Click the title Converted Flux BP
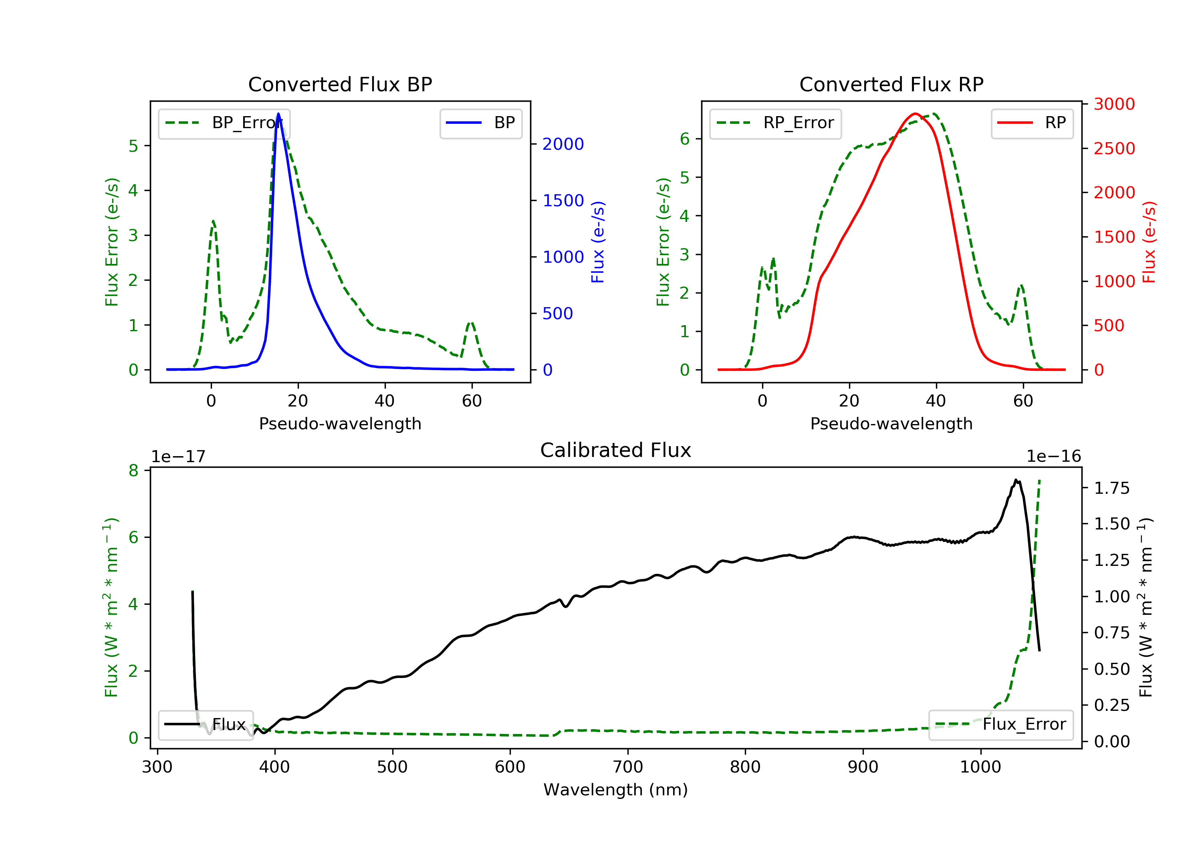340,84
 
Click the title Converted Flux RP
891,84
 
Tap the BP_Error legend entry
224,123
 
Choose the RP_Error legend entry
775,123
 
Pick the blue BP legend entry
480,123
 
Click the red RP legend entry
1032,123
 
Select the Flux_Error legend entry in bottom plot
1000,724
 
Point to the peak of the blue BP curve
278,114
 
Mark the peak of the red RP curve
915,114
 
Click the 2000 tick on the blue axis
563,144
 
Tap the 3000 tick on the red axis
1114,104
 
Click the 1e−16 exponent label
1053,457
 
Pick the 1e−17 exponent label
178,457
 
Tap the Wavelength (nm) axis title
616,790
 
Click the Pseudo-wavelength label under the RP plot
891,423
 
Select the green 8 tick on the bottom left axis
133,471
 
